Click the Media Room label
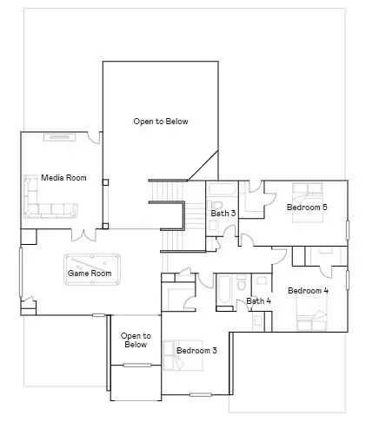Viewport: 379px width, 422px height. coord(64,178)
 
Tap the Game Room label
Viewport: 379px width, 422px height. coord(90,274)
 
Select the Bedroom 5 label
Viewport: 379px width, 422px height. coord(307,208)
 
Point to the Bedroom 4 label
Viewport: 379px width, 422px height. coord(307,290)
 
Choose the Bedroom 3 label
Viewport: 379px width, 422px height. coord(196,351)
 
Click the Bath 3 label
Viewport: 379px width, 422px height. coord(223,213)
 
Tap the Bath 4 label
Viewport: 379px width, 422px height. coord(258,301)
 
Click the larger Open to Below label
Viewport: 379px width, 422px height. coord(160,122)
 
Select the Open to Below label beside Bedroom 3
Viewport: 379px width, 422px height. coord(136,340)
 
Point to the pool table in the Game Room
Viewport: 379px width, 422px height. coord(93,262)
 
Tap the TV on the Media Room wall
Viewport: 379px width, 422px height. coord(60,136)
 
